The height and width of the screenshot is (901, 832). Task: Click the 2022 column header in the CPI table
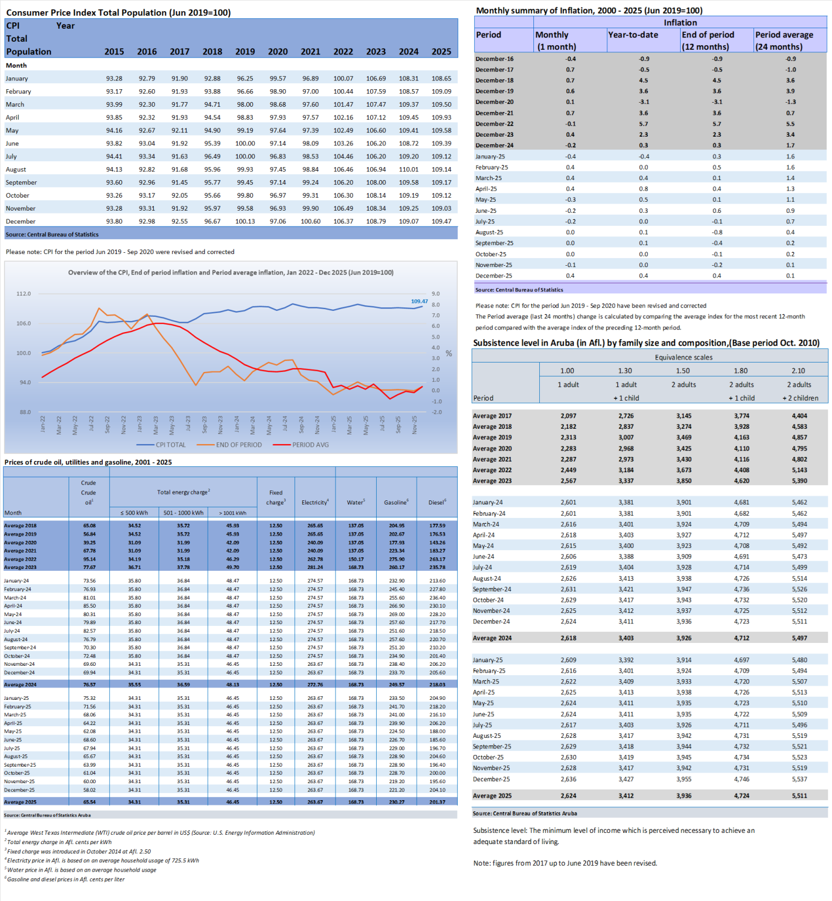click(343, 52)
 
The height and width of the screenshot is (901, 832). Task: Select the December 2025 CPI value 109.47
click(441, 221)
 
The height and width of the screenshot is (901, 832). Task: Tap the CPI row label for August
click(16, 170)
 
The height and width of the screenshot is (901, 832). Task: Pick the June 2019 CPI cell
click(245, 144)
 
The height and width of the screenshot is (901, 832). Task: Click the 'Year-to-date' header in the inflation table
click(633, 35)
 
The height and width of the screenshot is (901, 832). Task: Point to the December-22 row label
click(494, 124)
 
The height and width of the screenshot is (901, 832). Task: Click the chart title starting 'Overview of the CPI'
click(231, 273)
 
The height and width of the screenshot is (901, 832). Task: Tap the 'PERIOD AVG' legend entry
click(310, 445)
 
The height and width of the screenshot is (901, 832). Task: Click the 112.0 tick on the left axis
click(23, 294)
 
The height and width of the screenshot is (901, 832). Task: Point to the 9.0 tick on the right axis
click(435, 294)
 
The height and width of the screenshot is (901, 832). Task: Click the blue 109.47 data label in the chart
click(419, 302)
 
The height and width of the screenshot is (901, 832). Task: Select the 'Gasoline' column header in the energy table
click(396, 502)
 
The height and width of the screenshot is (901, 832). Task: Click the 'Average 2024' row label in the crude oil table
click(21, 685)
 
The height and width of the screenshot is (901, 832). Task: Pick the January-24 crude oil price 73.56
click(89, 581)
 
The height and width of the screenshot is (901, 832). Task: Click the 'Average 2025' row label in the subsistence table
click(492, 796)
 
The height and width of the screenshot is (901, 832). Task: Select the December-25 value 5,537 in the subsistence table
click(799, 779)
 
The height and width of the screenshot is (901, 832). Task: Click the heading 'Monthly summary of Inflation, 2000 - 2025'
click(589, 11)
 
